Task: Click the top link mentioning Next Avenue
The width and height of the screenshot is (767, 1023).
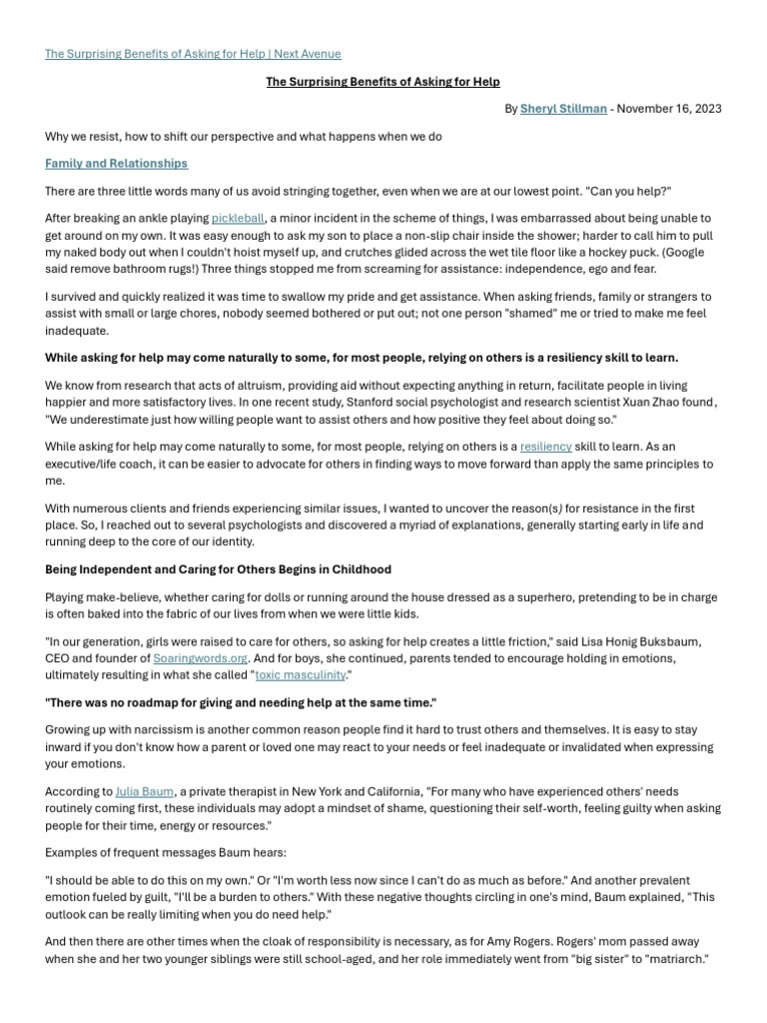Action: tap(193, 54)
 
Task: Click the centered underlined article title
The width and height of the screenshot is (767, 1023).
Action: tap(383, 82)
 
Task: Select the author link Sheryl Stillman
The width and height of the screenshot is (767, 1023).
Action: tap(563, 109)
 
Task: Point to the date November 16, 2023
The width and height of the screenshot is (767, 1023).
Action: tap(669, 109)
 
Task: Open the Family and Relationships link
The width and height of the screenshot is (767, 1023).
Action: tap(116, 163)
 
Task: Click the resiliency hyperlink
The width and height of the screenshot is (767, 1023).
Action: tap(546, 447)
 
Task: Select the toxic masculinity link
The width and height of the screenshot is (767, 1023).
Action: tap(301, 675)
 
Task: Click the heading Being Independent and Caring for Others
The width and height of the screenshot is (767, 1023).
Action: tap(218, 569)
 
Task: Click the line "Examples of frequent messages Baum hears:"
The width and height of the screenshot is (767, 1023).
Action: tap(164, 852)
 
